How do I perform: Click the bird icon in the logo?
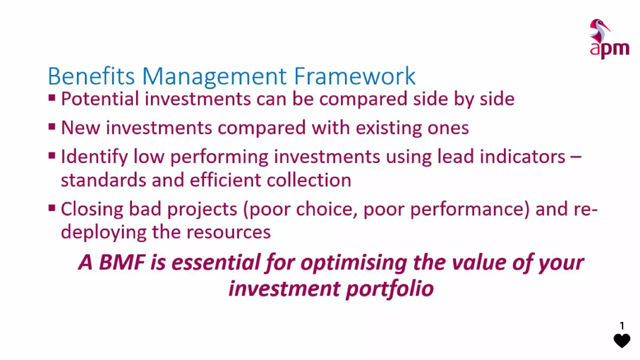(x=599, y=31)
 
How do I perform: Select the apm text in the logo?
(x=609, y=49)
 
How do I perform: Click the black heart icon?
(x=622, y=340)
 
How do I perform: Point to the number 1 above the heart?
(x=622, y=326)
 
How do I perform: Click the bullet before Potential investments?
(x=52, y=98)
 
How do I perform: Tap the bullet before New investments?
(x=52, y=127)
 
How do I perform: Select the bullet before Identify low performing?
(x=52, y=155)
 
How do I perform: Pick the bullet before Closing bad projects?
(x=52, y=208)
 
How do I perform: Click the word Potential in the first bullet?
(x=100, y=99)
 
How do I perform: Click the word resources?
(x=228, y=232)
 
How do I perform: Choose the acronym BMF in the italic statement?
(x=122, y=262)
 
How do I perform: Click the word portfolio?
(x=390, y=288)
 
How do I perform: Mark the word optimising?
(x=354, y=263)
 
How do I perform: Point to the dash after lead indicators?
(x=575, y=156)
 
